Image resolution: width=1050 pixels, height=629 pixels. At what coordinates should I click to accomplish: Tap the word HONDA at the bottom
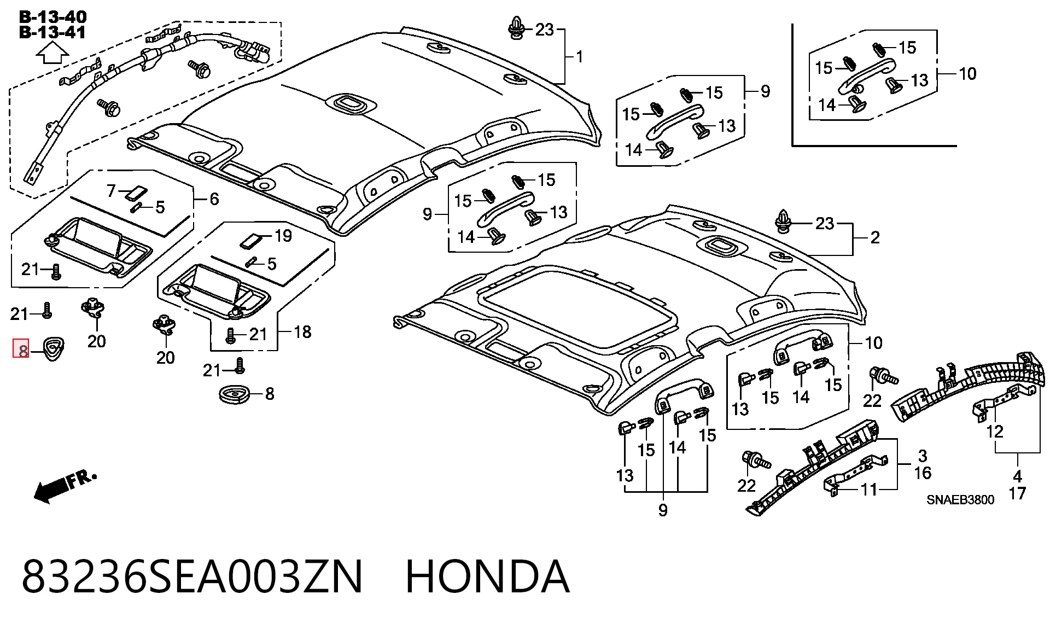[x=487, y=576]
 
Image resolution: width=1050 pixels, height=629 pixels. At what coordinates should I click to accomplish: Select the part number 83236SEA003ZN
[x=192, y=576]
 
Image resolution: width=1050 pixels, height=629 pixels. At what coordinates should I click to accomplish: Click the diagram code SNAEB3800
[x=960, y=500]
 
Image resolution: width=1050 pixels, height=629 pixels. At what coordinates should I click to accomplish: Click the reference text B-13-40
[x=52, y=17]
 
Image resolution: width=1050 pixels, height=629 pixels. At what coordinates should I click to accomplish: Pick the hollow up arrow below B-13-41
[x=52, y=55]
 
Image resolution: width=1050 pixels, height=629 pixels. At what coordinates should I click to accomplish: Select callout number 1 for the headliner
[x=579, y=56]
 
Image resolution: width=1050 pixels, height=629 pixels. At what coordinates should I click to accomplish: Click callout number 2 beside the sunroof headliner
[x=875, y=237]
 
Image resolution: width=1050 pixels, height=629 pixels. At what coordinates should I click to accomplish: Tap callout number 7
[x=111, y=190]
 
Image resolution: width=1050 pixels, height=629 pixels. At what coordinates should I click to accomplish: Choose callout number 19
[x=283, y=236]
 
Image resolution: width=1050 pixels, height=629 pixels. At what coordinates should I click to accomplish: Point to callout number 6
[x=214, y=199]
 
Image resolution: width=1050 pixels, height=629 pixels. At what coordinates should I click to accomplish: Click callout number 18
[x=302, y=332]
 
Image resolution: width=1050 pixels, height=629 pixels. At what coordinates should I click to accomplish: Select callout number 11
[x=869, y=490]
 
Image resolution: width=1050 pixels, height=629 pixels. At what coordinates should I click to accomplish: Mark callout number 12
[x=995, y=432]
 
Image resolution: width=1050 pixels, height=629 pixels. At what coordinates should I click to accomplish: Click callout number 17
[x=1017, y=493]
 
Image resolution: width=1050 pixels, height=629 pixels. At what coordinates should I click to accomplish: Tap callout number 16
[x=923, y=473]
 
